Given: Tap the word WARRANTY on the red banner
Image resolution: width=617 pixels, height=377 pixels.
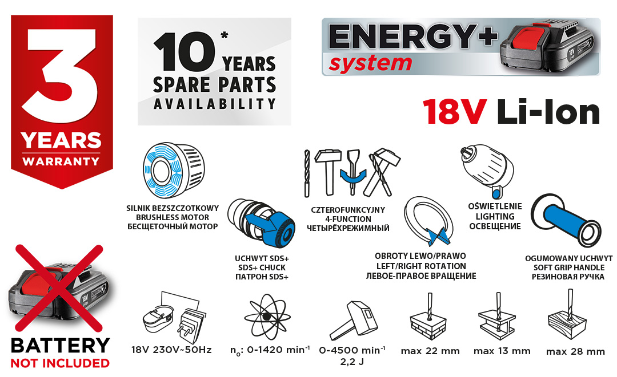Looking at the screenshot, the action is (x=61, y=161).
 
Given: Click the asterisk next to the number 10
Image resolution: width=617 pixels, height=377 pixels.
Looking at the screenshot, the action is (x=225, y=36).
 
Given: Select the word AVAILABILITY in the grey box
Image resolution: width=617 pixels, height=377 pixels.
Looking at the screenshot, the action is (x=214, y=104).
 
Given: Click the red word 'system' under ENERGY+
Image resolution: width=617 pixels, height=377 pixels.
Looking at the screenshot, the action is (x=370, y=64).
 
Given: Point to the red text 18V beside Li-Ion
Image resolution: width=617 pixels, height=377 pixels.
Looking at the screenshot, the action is (x=455, y=112).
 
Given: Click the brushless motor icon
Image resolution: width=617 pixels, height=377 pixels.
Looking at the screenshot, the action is (x=174, y=171).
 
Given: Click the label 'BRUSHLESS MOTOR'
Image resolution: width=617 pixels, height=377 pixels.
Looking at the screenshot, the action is (x=173, y=217).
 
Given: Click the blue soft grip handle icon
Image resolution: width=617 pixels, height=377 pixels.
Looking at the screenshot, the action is (x=566, y=220).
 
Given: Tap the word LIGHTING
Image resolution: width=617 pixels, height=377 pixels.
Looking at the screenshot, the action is (x=495, y=216).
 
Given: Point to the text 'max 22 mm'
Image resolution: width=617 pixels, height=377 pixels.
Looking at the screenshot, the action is (x=430, y=351).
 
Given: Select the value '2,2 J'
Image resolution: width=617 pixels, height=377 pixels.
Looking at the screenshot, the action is (x=352, y=362).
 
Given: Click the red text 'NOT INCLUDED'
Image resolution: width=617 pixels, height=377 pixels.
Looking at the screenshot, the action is (x=60, y=363).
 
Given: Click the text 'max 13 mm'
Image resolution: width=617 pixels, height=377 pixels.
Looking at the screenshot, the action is (x=502, y=351).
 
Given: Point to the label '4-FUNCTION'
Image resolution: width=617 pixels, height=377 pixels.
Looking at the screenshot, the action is (x=348, y=219).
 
